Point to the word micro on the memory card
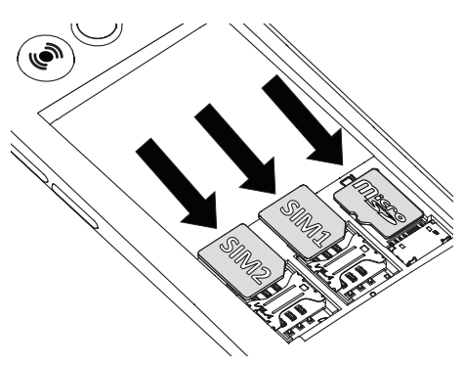pyautogui.click(x=368, y=192)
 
